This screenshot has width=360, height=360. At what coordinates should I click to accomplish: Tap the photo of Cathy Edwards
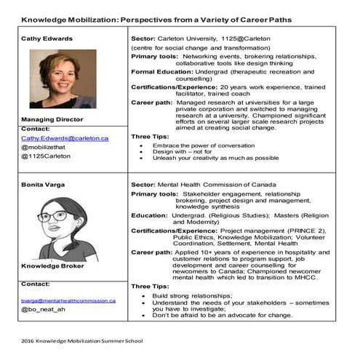click(64, 79)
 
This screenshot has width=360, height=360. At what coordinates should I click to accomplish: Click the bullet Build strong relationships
click(192, 296)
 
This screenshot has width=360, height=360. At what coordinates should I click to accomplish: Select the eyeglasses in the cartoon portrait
click(57, 216)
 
